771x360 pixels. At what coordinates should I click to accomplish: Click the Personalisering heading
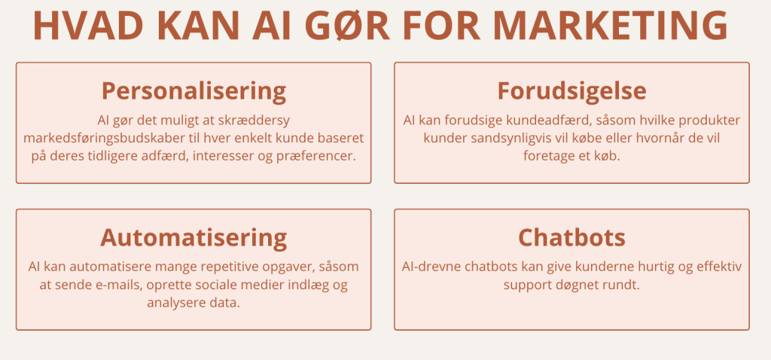[194, 91]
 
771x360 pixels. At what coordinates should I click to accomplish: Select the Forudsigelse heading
[572, 91]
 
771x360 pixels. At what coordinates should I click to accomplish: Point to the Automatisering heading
[194, 237]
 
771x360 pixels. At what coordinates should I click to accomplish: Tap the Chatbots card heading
[572, 237]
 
